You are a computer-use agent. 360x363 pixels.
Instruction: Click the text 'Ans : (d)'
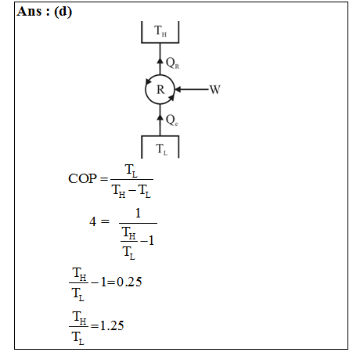(x=44, y=12)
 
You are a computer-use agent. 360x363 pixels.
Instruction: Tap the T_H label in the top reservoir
(x=160, y=31)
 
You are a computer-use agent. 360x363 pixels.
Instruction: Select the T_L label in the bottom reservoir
(x=161, y=149)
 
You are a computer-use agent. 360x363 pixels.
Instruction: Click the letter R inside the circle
(x=160, y=90)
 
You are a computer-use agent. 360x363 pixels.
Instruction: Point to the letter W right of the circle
(x=215, y=89)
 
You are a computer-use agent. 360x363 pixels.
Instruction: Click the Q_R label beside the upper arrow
(x=172, y=63)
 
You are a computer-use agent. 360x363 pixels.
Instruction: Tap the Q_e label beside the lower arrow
(x=172, y=120)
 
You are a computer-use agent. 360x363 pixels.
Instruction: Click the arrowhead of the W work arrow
(x=178, y=89)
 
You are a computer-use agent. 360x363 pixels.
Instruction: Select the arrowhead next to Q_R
(x=160, y=60)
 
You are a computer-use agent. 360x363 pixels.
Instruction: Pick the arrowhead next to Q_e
(x=160, y=117)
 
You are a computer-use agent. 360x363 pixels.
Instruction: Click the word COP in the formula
(x=82, y=178)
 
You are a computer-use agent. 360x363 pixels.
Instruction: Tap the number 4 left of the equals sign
(x=92, y=221)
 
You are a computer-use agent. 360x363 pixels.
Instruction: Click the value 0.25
(x=129, y=282)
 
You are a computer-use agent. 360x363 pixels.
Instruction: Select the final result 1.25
(x=112, y=325)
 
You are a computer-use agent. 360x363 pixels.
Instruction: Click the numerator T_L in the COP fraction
(x=131, y=171)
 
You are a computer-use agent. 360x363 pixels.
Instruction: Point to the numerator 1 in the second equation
(x=138, y=214)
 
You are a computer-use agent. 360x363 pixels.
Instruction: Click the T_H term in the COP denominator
(x=119, y=191)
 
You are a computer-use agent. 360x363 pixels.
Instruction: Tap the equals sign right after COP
(x=104, y=179)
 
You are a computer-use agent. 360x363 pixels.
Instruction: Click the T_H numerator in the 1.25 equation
(x=80, y=318)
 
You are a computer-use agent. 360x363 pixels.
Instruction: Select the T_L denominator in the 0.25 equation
(x=78, y=295)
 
